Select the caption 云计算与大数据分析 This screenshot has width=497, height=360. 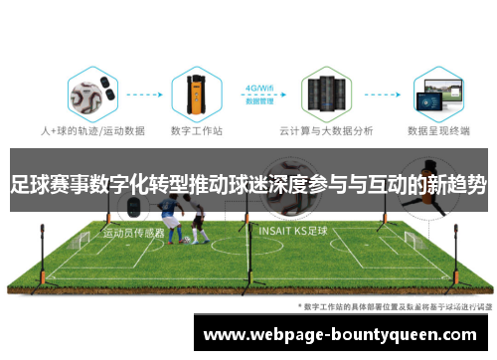(x=321, y=129)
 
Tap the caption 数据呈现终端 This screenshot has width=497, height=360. (x=438, y=129)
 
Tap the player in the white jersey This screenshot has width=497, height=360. (x=199, y=221)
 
